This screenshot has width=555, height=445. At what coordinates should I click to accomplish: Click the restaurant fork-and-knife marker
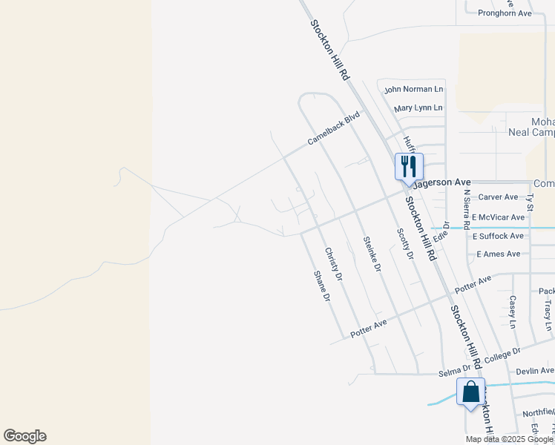408,166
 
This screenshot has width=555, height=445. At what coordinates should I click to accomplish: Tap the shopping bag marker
470,392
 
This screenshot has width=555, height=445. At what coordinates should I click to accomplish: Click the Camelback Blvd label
334,128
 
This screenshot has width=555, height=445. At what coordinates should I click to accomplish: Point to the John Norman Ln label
413,89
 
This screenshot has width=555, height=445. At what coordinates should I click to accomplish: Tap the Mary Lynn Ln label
418,108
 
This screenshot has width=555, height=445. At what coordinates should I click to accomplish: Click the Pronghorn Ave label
505,13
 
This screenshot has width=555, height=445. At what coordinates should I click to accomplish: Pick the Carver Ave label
498,197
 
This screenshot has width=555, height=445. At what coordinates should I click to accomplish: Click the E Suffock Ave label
498,236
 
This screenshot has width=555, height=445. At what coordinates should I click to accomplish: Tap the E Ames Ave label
498,254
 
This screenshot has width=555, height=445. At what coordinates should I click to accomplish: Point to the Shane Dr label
321,286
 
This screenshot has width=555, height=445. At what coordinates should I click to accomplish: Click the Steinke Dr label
371,253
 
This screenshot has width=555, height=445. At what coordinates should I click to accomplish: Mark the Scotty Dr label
405,243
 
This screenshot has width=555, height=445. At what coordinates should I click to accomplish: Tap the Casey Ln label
512,311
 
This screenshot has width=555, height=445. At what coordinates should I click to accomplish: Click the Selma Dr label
455,369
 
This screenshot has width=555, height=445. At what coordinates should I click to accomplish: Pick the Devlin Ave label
535,371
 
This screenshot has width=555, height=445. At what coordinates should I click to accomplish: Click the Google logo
24,436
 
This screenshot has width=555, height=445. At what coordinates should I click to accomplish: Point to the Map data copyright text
509,439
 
